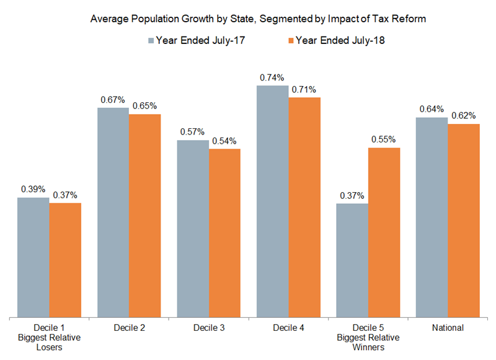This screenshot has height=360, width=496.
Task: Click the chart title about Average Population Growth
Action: coord(258,19)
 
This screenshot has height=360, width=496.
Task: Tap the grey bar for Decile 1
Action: coord(33,257)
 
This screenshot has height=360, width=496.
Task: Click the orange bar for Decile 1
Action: coord(65,260)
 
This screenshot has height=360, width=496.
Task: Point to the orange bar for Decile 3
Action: coord(224,233)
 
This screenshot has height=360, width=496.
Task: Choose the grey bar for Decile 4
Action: coord(272,201)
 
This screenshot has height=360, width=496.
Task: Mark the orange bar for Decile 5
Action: coord(384,232)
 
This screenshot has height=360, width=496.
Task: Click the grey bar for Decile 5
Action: coord(352,260)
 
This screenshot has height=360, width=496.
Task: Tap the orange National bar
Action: coord(464,221)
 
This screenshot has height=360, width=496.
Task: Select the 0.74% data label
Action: coord(272,77)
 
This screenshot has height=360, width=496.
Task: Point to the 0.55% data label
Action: coord(384,139)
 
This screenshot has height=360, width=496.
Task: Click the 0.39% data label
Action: coord(33,190)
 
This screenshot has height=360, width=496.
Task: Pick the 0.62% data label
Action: coord(464,116)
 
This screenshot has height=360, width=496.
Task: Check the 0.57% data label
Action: coord(192,133)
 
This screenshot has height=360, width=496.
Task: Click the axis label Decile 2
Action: coord(129,327)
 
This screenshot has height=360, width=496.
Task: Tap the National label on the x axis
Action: coord(448,327)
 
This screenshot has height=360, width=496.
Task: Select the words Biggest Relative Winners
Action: coord(368,342)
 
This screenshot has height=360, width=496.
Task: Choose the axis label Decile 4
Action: coord(288,327)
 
